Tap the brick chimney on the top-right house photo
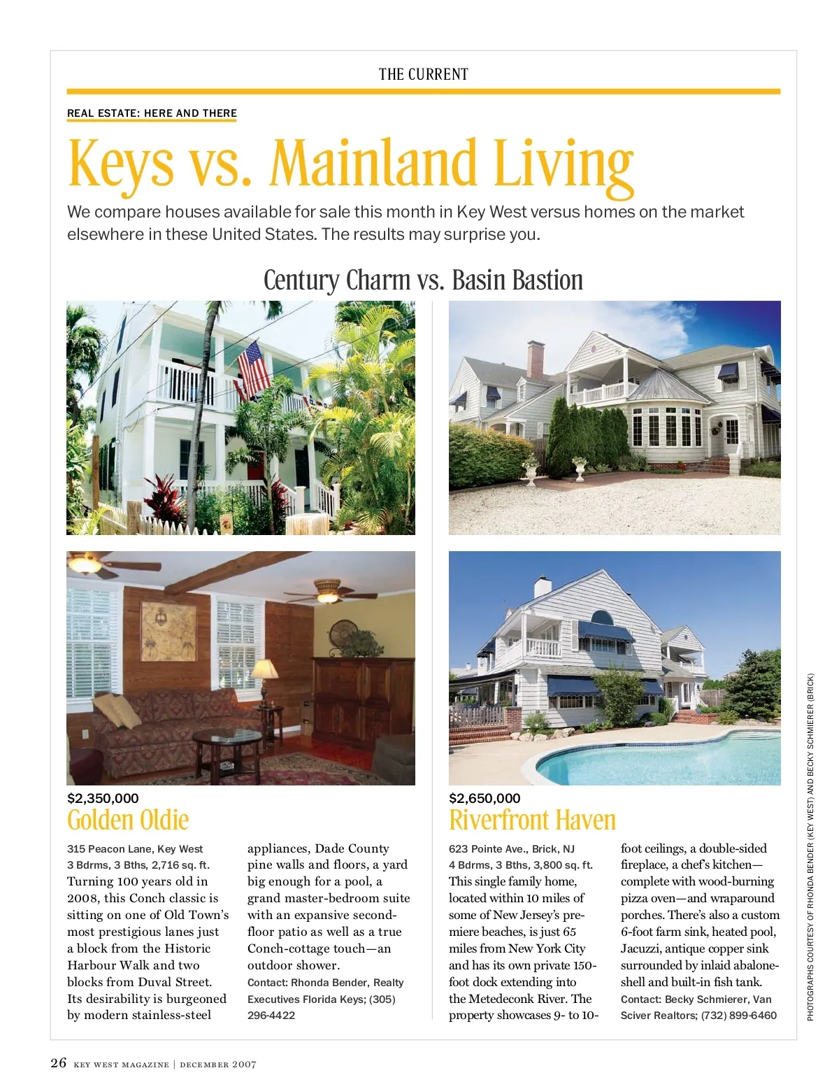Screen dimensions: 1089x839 (x=536, y=360)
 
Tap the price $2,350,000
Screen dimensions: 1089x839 (x=103, y=798)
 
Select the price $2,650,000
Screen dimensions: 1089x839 (x=485, y=798)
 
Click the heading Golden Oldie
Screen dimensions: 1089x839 (x=128, y=820)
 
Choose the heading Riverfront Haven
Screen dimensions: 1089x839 (x=532, y=820)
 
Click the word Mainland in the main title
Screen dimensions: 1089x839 (x=373, y=164)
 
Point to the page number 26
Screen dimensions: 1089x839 (x=59, y=1063)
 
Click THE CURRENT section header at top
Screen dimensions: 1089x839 (x=423, y=74)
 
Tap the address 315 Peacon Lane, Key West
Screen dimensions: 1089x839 (x=135, y=848)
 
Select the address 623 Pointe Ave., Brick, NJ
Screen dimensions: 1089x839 (x=512, y=848)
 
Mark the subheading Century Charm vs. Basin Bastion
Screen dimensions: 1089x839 (x=423, y=280)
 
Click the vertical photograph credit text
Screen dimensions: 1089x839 (x=810, y=846)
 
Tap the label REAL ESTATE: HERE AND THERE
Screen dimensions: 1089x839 (x=152, y=113)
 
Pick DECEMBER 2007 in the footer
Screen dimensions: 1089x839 (x=218, y=1065)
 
